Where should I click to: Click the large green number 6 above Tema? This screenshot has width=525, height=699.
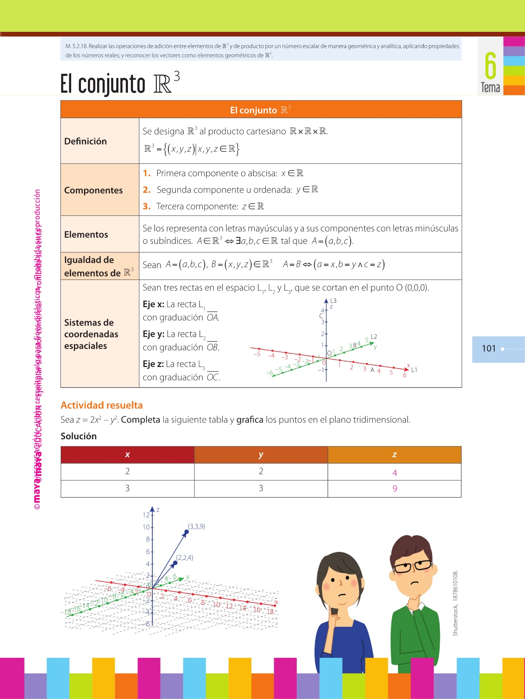click(490, 66)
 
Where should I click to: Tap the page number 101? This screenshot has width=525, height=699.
click(488, 348)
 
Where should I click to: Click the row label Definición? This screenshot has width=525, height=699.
click(86, 141)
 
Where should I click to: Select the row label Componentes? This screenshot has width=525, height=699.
click(93, 190)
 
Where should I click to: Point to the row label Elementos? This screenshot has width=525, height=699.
click(86, 235)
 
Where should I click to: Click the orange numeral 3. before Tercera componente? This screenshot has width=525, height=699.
click(146, 207)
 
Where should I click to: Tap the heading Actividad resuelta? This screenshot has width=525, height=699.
click(101, 405)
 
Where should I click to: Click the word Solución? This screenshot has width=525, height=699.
click(79, 436)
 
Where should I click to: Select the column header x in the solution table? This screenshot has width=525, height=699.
click(127, 455)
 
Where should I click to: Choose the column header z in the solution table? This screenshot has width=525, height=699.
click(394, 455)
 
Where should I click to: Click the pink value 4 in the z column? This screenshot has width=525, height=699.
click(395, 473)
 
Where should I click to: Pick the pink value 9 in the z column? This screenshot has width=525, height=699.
click(395, 489)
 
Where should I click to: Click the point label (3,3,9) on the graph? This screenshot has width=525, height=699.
click(196, 527)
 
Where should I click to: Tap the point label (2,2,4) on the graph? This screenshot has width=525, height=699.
click(185, 558)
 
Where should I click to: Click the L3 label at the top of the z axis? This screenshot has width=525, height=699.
click(333, 301)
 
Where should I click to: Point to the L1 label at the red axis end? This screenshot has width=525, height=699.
click(414, 370)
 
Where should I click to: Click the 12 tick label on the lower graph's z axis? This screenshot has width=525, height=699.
click(146, 515)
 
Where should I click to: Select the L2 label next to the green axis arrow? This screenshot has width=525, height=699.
click(374, 336)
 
